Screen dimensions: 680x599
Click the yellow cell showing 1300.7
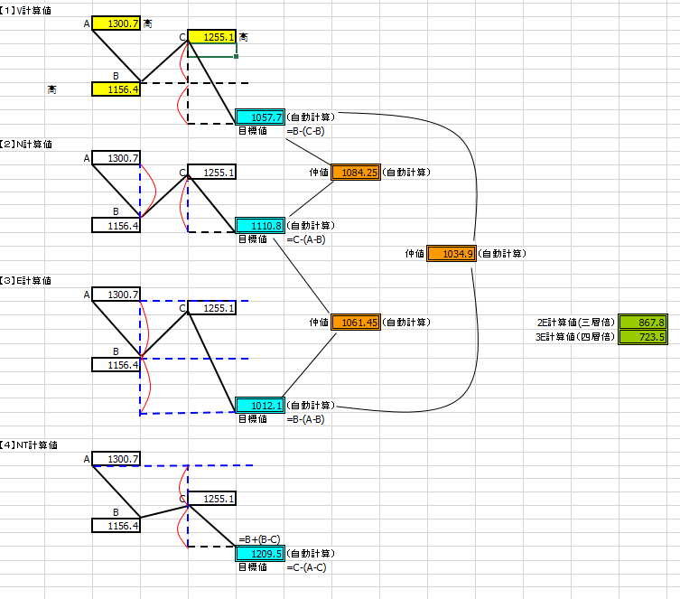(x=116, y=23)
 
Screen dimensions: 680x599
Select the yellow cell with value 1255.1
(x=212, y=37)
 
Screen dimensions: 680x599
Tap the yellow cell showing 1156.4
(x=116, y=89)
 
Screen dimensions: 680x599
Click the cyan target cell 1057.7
(x=260, y=117)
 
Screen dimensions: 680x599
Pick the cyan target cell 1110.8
(x=260, y=226)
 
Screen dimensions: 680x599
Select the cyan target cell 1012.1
(x=260, y=405)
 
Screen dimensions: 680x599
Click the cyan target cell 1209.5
(x=260, y=554)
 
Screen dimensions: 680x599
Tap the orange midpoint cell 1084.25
(x=356, y=173)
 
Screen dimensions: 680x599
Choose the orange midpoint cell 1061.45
(x=356, y=323)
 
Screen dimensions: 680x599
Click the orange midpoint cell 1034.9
(x=452, y=254)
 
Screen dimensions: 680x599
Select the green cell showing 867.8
(x=643, y=323)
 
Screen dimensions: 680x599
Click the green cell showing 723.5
(x=643, y=337)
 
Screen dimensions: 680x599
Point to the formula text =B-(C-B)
(x=305, y=131)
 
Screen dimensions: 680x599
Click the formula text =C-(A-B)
(x=306, y=239)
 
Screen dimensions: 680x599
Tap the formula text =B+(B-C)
(x=259, y=539)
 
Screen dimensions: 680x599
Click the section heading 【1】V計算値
(x=25, y=11)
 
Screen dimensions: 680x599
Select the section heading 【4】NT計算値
(x=29, y=445)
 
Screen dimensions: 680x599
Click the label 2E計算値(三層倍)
(x=576, y=323)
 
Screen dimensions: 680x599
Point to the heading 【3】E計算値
(x=25, y=281)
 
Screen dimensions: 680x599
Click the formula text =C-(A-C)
(x=306, y=567)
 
